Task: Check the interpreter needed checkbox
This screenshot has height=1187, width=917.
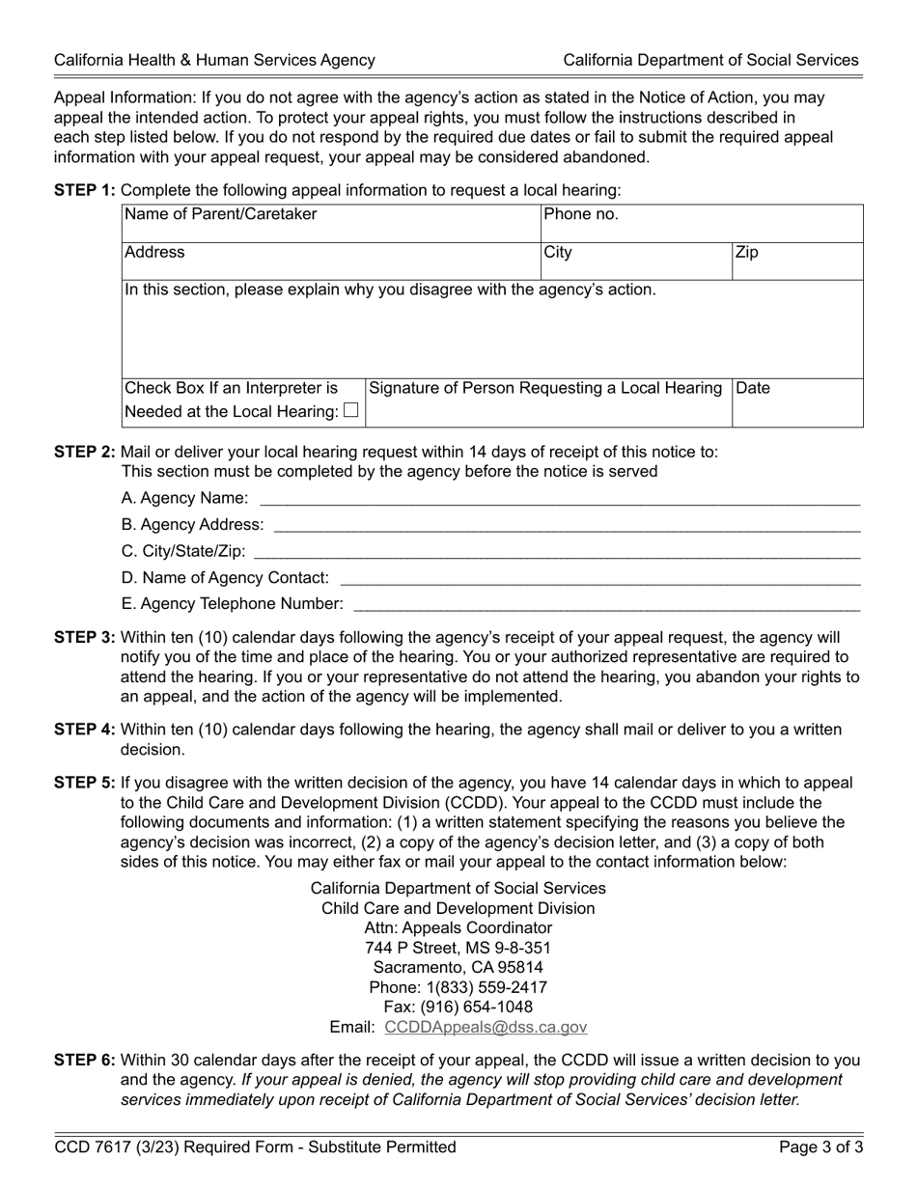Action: pyautogui.click(x=350, y=411)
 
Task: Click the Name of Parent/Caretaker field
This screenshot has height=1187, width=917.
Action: pyautogui.click(x=331, y=224)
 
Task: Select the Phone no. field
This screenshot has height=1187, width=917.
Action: pyautogui.click(x=702, y=224)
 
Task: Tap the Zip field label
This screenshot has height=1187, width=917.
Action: pyautogui.click(x=747, y=253)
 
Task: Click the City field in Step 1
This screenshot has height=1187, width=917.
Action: pyautogui.click(x=635, y=262)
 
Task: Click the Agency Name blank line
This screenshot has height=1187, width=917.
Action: pyautogui.click(x=560, y=498)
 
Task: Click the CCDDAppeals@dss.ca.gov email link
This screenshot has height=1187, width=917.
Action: pyautogui.click(x=485, y=1028)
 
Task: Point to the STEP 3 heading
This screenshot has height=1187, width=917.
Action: pyautogui.click(x=85, y=638)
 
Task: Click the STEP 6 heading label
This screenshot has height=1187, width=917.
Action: pyautogui.click(x=85, y=1061)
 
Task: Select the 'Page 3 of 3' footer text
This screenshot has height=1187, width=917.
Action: pyautogui.click(x=820, y=1147)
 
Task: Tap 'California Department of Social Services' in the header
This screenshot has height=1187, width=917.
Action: pyautogui.click(x=710, y=60)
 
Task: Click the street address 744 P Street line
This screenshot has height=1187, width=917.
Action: pyautogui.click(x=458, y=948)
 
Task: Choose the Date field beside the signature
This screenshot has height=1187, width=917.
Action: pyautogui.click(x=797, y=403)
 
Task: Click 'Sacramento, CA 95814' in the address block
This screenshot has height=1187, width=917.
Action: pyautogui.click(x=458, y=967)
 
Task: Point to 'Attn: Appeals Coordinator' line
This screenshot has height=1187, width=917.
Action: pyautogui.click(x=458, y=927)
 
